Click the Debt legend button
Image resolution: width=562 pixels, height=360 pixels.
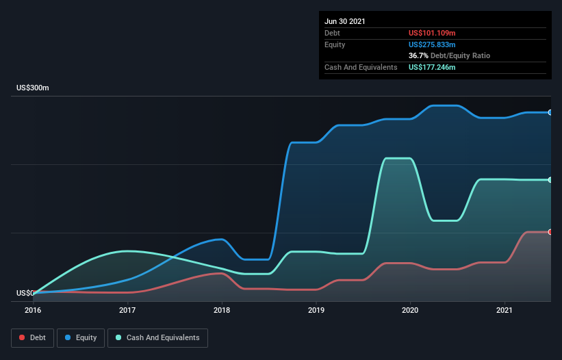point(31,337)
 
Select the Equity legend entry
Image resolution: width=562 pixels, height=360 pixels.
point(81,337)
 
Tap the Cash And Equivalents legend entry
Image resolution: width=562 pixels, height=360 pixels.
point(157,337)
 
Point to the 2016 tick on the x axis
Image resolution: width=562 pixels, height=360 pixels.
point(33,310)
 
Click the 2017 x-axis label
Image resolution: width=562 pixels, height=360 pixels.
point(127,310)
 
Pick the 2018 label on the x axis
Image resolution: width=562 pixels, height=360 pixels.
point(222,310)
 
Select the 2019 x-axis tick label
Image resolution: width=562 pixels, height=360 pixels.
point(316,310)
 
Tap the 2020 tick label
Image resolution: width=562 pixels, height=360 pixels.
point(410,310)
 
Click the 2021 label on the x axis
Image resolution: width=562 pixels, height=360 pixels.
point(504,310)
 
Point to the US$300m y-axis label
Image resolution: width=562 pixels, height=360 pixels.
point(33,88)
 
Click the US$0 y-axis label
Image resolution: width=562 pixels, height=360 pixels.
point(25,293)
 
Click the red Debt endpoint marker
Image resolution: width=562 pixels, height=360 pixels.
point(550,232)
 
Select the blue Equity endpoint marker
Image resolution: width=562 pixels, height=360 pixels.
point(550,112)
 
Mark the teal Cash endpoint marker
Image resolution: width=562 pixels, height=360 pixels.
point(550,180)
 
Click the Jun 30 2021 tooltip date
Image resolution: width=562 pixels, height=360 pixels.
point(345,21)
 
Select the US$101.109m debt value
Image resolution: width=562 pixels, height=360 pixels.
point(432,33)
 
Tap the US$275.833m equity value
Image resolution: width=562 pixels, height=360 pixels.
point(432,44)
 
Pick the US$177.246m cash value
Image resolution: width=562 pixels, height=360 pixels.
point(432,67)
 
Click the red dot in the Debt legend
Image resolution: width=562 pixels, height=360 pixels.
point(23,337)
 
